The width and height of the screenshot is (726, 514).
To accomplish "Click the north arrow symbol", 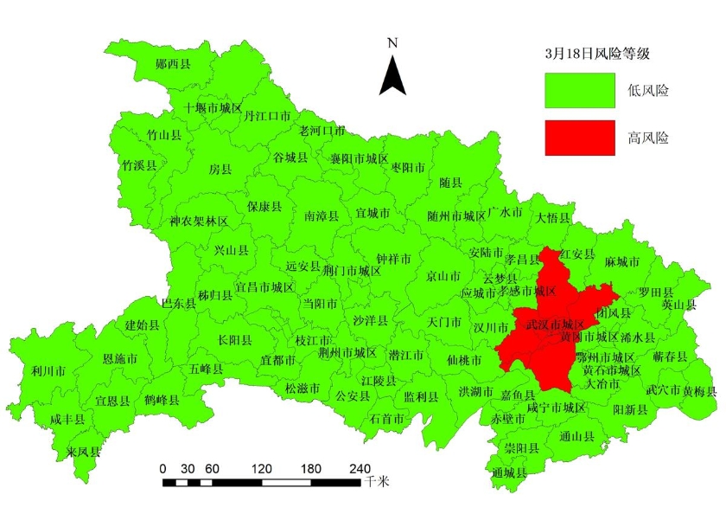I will click(393, 74).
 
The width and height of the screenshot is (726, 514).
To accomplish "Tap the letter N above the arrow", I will click(392, 42).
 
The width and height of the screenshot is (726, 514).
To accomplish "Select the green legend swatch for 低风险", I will click(579, 90).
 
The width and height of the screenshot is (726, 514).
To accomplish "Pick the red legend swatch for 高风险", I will click(579, 138).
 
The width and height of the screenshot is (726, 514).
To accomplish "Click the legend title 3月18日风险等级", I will click(596, 53).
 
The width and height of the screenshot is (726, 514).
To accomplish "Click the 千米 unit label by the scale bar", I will click(377, 480).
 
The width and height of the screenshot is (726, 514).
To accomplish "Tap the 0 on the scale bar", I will click(163, 467).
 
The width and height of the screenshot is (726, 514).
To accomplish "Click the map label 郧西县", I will click(173, 63).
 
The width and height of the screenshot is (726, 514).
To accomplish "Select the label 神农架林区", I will click(200, 222).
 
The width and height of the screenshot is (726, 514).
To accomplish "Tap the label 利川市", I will click(48, 370).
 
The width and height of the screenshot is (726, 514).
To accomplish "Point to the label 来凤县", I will click(83, 452).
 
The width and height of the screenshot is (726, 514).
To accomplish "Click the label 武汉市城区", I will click(555, 324).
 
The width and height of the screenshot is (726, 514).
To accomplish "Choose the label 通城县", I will click(508, 472).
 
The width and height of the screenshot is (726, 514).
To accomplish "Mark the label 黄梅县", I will click(699, 390).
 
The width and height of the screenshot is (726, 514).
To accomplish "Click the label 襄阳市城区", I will click(360, 159).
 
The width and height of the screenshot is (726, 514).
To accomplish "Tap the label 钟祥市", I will click(394, 259).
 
